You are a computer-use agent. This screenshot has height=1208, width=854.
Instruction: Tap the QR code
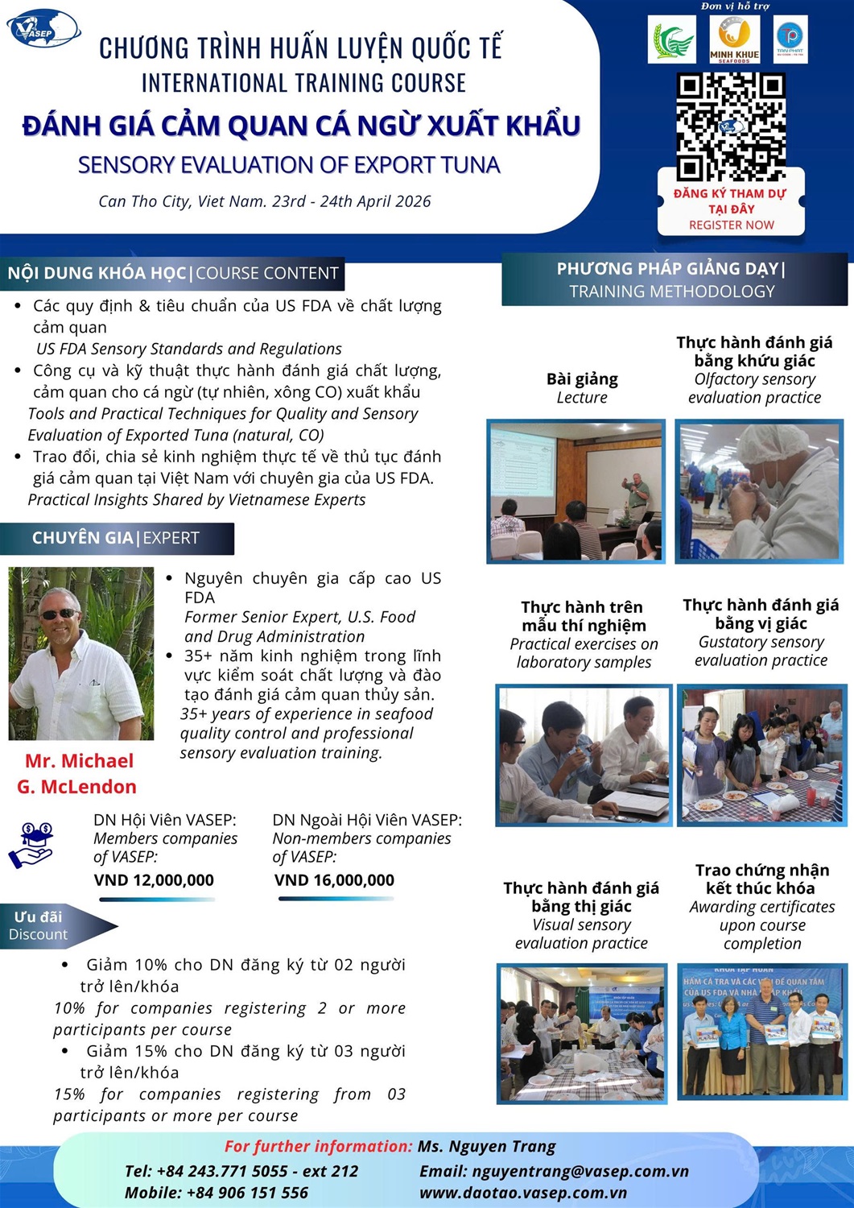tap(730, 127)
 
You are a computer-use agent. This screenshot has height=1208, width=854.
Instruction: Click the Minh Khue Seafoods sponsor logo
tap(733, 39)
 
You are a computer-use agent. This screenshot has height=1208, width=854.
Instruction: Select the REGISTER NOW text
tap(731, 225)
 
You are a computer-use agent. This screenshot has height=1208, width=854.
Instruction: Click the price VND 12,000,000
tap(154, 880)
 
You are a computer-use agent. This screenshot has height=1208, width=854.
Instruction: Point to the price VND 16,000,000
tap(334, 880)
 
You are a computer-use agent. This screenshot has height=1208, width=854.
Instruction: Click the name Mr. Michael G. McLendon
tap(78, 774)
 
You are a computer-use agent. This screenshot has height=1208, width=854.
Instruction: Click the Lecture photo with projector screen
tap(576, 491)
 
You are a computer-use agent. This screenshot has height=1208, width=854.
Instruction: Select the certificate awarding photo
tap(761, 1032)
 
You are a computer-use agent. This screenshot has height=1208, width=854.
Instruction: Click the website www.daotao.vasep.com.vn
tap(523, 1193)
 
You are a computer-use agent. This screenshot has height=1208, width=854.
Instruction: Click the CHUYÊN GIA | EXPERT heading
tap(116, 538)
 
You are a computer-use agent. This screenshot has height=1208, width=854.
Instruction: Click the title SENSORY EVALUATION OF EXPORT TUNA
tap(289, 165)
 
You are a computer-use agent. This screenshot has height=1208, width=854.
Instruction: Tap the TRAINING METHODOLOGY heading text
tap(671, 292)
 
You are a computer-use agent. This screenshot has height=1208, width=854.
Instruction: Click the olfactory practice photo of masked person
tap(759, 491)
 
